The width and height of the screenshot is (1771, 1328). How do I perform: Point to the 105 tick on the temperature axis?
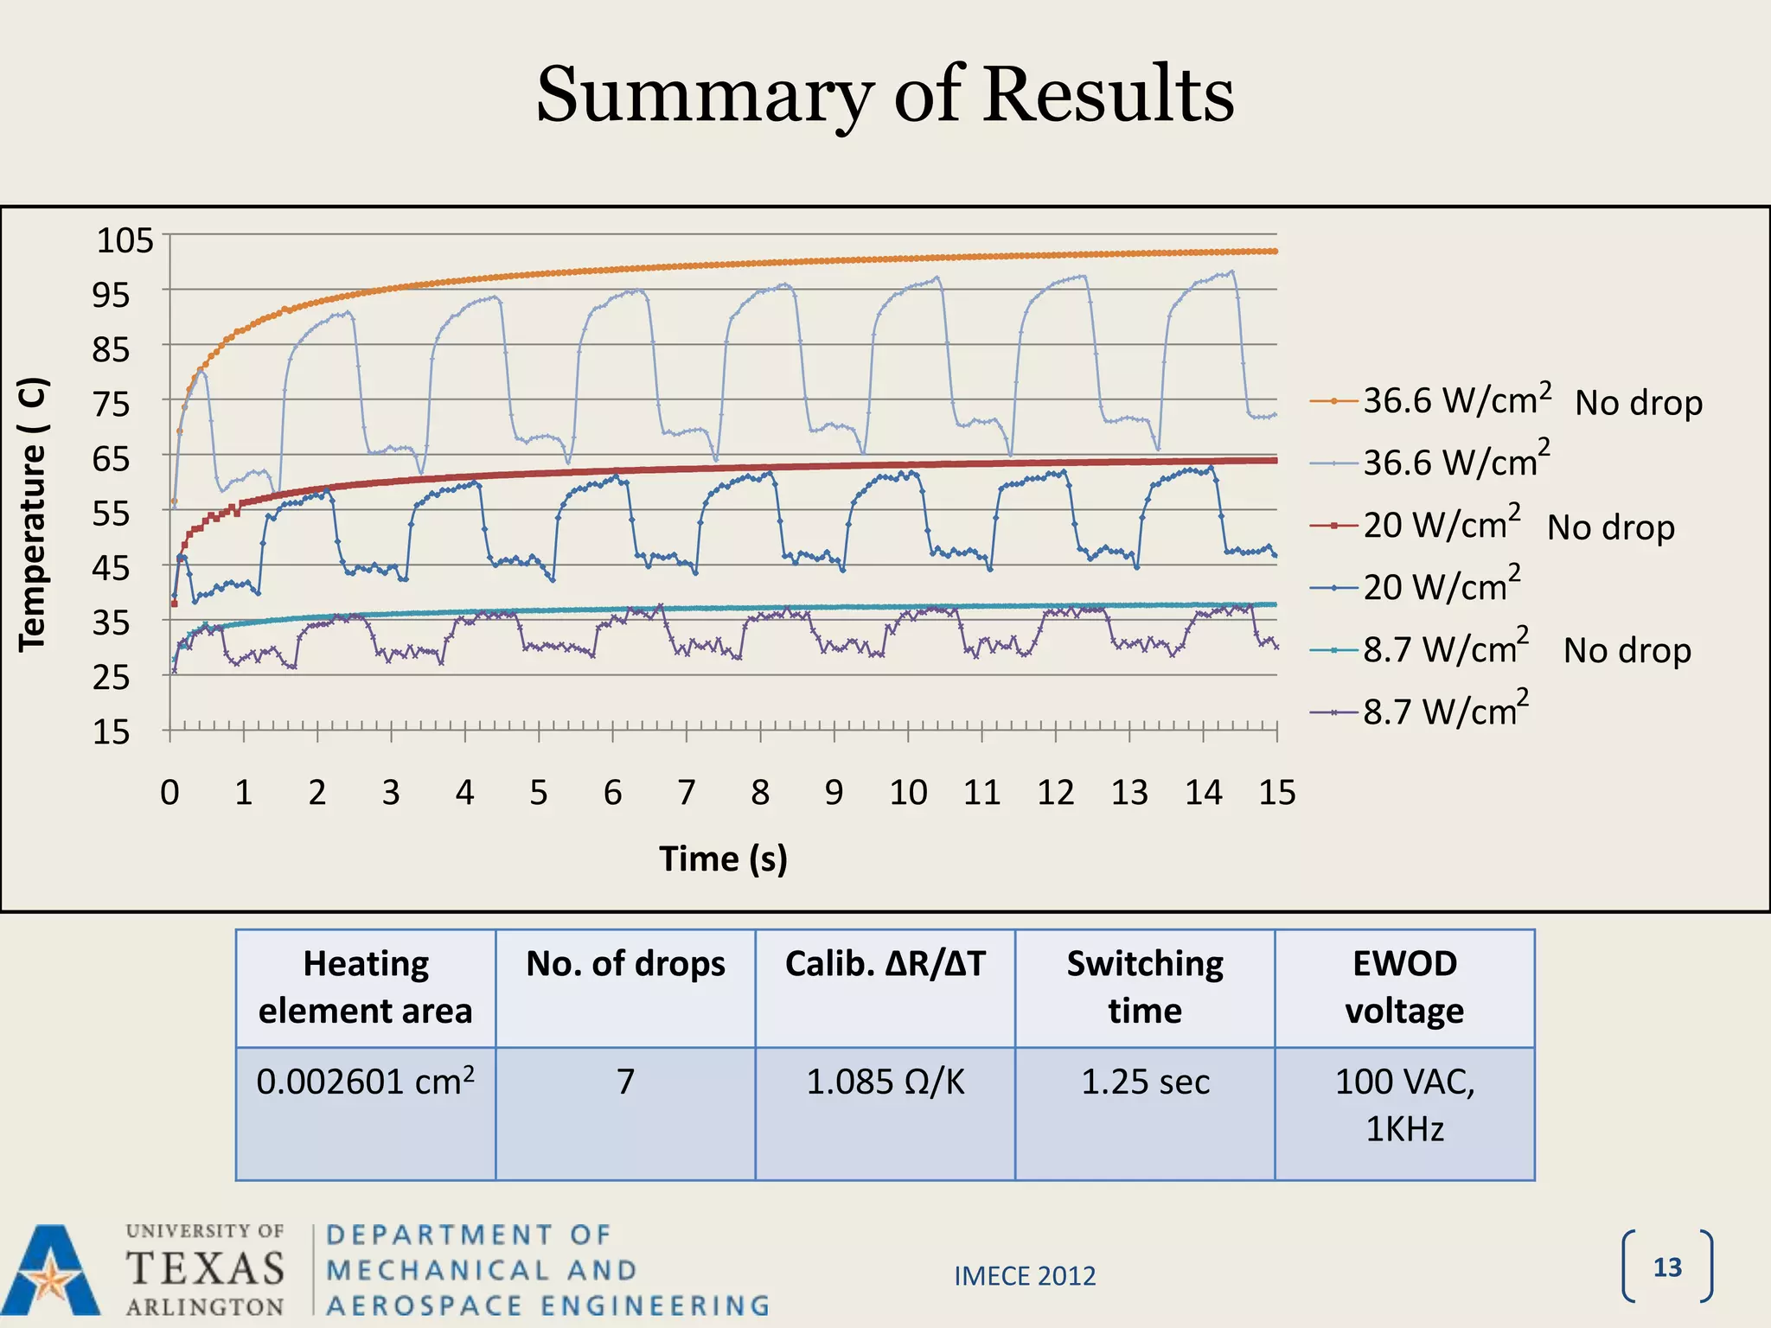point(125,240)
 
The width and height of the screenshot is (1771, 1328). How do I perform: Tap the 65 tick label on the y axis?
point(111,459)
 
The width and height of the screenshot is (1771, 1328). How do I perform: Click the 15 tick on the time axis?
point(1276,792)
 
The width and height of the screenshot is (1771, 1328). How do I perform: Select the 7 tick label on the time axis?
point(686,792)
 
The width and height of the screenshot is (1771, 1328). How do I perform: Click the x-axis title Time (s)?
point(723,859)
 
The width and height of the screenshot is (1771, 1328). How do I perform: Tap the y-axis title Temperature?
point(33,514)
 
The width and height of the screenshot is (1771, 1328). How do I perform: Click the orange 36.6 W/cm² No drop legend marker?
point(1333,401)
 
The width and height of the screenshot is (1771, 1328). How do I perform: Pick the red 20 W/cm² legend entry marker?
point(1333,525)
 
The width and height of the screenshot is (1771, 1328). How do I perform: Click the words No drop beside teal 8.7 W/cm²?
point(1627,650)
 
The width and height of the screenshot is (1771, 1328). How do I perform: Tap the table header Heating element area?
point(366,986)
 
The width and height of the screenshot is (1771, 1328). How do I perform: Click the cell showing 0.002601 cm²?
point(366,1082)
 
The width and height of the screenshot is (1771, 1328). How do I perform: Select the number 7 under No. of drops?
point(625,1082)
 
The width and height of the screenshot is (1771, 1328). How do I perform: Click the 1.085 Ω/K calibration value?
point(885,1082)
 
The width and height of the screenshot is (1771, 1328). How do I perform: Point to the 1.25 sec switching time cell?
point(1145,1082)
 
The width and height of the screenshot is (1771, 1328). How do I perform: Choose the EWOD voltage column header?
point(1404,986)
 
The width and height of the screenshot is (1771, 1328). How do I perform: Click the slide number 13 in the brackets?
point(1667,1267)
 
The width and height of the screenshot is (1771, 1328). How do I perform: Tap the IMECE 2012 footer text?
point(1025,1276)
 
